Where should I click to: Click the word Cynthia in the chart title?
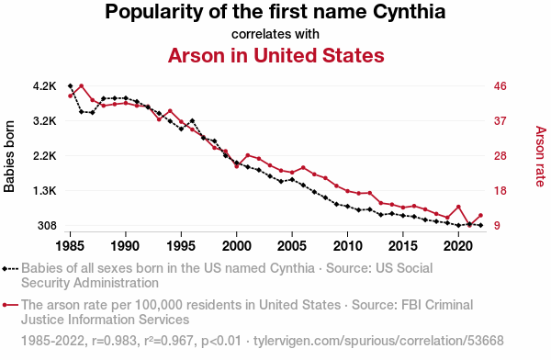409,12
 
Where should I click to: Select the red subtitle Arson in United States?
275,55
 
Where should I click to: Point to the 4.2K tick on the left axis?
45,86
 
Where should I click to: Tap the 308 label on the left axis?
47,225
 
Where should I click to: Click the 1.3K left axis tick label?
45,191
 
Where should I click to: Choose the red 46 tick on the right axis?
500,86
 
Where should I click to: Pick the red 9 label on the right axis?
497,225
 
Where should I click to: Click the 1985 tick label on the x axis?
70,246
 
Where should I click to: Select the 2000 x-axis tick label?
237,246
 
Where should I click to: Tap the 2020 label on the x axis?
458,246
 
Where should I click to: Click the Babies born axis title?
9,156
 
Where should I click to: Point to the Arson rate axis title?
541,156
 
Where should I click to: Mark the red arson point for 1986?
81,85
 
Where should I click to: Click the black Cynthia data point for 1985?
71,85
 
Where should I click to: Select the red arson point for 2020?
458,207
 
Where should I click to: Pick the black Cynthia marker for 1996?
192,120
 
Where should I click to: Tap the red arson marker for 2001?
248,155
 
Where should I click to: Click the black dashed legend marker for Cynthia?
10,269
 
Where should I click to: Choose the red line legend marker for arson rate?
10,305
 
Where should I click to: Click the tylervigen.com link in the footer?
378,341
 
